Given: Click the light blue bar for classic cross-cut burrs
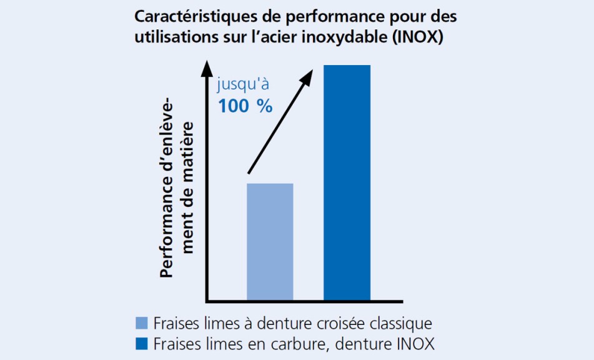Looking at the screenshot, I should point(270,241).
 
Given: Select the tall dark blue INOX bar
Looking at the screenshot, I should point(347,181).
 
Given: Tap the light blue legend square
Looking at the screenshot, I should point(142,323).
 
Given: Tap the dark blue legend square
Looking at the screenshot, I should point(142,344).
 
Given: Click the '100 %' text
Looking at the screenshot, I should point(245,106).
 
